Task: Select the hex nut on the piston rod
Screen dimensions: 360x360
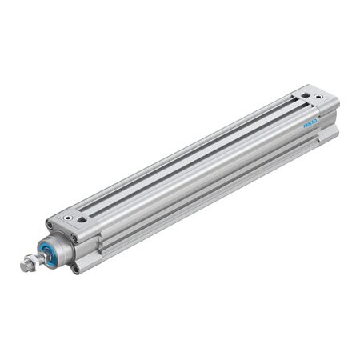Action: (34, 259)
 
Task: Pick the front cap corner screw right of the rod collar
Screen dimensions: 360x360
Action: (74, 238)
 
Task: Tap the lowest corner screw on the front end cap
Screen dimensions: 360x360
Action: (76, 269)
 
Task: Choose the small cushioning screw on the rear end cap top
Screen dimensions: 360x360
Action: (319, 97)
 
